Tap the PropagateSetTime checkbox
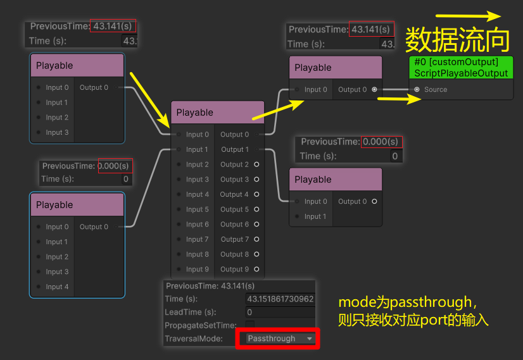(250, 325)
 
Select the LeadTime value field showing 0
(279, 312)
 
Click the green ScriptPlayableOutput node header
(461, 67)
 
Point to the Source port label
(436, 89)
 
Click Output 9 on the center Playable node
(235, 270)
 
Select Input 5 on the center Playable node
(197, 209)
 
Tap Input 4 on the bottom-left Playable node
(57, 287)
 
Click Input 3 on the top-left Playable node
(57, 132)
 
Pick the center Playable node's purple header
(217, 113)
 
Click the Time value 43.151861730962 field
(280, 299)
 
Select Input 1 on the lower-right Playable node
(316, 216)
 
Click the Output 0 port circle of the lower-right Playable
(374, 201)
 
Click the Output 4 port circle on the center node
(256, 194)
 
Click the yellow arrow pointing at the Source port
(400, 99)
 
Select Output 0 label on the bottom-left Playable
(94, 227)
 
